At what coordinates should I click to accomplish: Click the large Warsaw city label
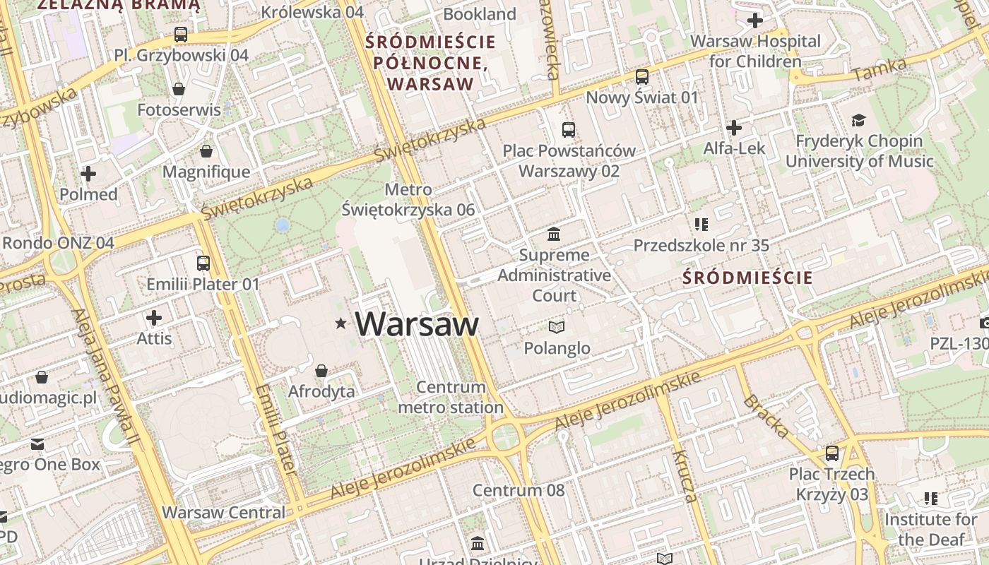pyautogui.click(x=417, y=324)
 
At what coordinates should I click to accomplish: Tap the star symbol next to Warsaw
pyautogui.click(x=341, y=323)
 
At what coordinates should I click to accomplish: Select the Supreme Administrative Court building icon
pyautogui.click(x=555, y=234)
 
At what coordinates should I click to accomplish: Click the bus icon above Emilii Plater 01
pyautogui.click(x=203, y=263)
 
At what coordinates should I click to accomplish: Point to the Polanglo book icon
pyautogui.click(x=557, y=327)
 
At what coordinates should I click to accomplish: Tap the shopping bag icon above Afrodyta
pyautogui.click(x=321, y=371)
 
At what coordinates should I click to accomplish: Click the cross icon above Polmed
pyautogui.click(x=88, y=174)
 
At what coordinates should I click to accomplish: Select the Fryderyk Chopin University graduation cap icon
pyautogui.click(x=858, y=120)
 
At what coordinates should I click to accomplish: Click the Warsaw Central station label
pyautogui.click(x=224, y=513)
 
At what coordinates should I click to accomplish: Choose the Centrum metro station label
pyautogui.click(x=451, y=397)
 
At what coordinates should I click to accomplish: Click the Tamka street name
pyautogui.click(x=880, y=69)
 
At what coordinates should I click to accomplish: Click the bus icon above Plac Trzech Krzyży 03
pyautogui.click(x=832, y=453)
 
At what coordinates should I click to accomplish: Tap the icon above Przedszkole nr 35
pyautogui.click(x=701, y=225)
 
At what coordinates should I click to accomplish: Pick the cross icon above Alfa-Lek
pyautogui.click(x=734, y=128)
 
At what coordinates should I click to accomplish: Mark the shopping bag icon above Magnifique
pyautogui.click(x=206, y=151)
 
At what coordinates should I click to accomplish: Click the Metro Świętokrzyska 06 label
pyautogui.click(x=408, y=200)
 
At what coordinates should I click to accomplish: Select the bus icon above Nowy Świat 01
pyautogui.click(x=642, y=76)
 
